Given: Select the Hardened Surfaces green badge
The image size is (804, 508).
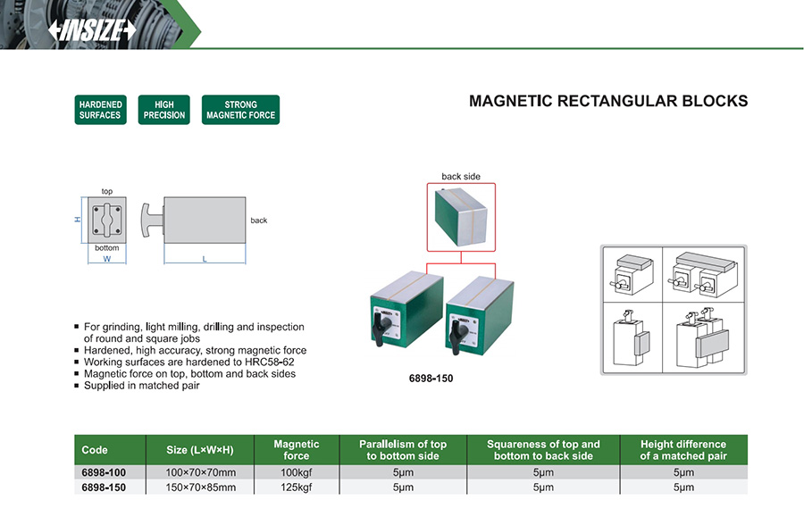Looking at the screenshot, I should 100,110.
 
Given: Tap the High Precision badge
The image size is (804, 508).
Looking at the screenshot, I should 164,110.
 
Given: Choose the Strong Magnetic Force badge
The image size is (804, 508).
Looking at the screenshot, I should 240,110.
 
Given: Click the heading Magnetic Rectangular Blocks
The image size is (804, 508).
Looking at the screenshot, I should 608,101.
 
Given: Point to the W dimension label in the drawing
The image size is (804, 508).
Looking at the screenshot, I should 106,259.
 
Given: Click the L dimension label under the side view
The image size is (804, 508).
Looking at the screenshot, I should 205,259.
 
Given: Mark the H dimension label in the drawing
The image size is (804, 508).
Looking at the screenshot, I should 78,219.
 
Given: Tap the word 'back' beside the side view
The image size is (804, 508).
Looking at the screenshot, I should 259,221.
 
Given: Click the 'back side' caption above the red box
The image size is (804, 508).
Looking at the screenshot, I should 461,177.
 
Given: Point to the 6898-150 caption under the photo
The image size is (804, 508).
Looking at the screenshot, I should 431,379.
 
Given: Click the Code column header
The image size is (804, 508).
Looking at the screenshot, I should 95,450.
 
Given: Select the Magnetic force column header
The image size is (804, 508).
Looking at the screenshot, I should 297,450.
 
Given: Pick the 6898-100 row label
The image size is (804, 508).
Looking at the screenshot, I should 104,472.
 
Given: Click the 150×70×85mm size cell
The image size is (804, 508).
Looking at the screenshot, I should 201,487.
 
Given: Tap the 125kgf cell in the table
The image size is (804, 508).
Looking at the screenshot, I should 297,487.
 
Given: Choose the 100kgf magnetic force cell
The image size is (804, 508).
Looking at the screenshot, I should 297,472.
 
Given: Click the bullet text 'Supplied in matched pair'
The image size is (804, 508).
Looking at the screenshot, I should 141,386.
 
